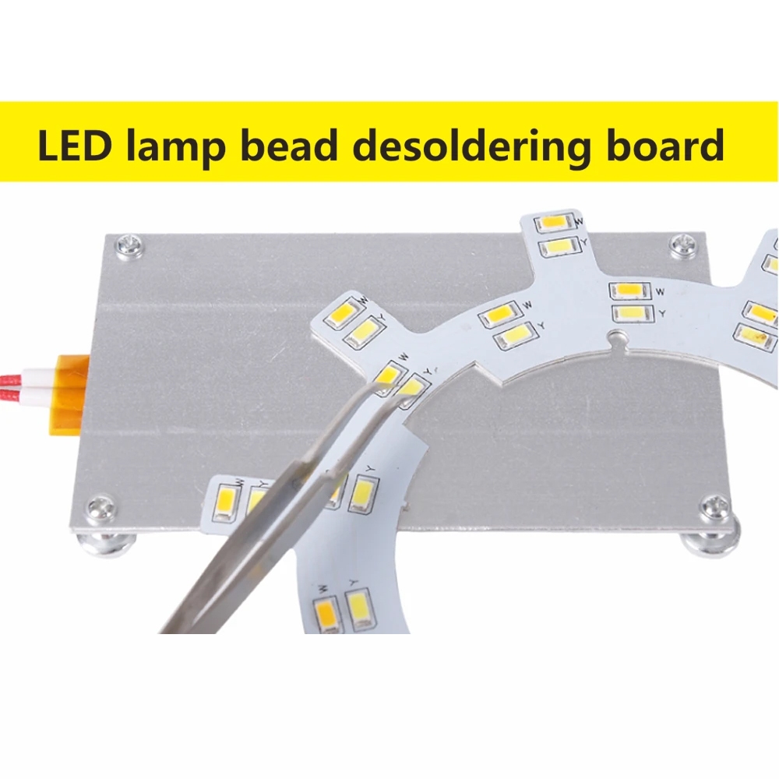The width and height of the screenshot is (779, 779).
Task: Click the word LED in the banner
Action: (73, 145)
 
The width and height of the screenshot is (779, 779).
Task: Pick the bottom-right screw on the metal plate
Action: (716, 506)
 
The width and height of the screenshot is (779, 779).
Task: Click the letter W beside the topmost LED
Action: (580, 222)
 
